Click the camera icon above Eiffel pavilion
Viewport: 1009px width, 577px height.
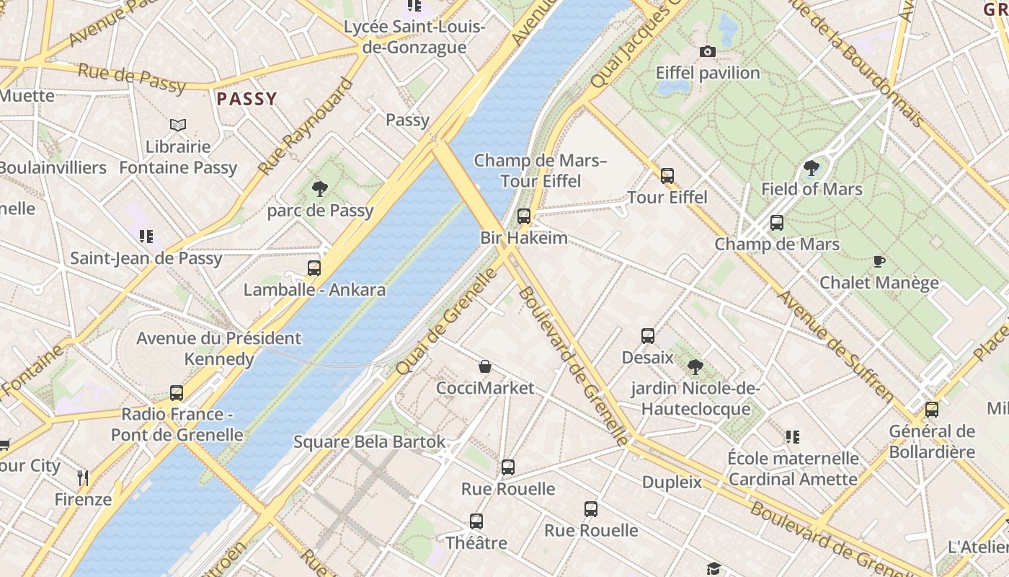[708, 51]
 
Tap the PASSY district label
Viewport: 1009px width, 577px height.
[247, 100]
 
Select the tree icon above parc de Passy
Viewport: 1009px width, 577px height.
[320, 189]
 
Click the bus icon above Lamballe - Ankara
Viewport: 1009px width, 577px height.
[314, 268]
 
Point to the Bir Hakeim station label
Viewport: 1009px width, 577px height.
[524, 237]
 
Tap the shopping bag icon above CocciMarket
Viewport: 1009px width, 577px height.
[486, 367]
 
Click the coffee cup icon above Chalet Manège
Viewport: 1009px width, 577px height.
[879, 261]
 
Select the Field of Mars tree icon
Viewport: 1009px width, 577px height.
[812, 168]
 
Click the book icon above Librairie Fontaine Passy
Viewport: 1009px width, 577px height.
[178, 125]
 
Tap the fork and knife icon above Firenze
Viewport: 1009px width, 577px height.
[83, 477]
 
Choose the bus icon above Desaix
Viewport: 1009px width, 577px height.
[648, 336]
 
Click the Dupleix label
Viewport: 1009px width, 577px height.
[672, 482]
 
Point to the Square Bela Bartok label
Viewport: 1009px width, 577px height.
[370, 441]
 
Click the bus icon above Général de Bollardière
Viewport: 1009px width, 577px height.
[932, 410]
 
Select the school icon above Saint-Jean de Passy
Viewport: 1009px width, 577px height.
[146, 236]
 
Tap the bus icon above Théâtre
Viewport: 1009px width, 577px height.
[476, 521]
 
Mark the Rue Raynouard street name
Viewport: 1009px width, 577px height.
[306, 126]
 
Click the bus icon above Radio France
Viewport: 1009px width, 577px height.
[177, 393]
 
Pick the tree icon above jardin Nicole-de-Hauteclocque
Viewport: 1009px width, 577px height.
[695, 367]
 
